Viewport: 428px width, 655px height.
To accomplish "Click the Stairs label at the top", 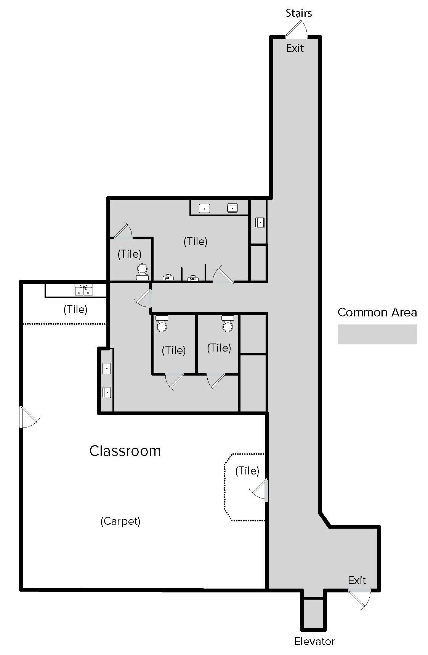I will [x=299, y=13].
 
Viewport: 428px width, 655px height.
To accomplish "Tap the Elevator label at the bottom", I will [x=314, y=641].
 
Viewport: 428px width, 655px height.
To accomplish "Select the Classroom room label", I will [x=125, y=451].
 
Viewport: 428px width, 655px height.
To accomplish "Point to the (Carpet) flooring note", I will [x=120, y=521].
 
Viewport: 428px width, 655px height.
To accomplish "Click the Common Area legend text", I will [x=377, y=312].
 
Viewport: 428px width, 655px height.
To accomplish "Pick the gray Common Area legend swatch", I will [x=377, y=334].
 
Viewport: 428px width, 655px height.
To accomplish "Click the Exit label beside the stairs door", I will [x=295, y=48].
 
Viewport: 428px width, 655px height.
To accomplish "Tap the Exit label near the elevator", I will [x=357, y=580].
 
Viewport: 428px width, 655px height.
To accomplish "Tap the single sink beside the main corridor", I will [x=260, y=223].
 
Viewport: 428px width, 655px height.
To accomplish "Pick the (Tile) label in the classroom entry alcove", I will [x=247, y=471].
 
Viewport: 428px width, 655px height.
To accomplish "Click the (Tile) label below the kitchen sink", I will [x=75, y=309].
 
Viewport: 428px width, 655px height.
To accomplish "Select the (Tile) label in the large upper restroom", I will [x=195, y=241].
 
